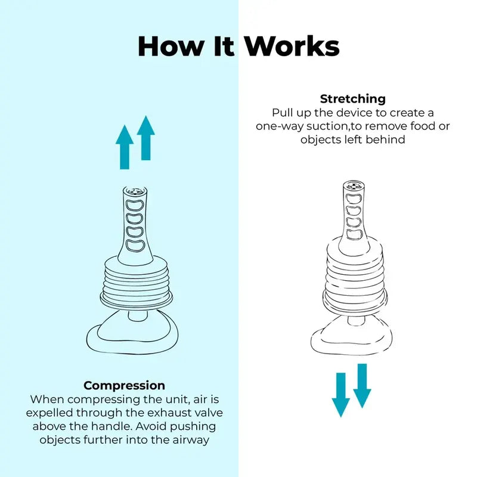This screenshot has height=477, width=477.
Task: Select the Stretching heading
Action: coord(353,99)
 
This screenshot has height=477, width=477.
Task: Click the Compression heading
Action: coord(124,385)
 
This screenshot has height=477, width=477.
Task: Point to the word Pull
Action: coord(283,113)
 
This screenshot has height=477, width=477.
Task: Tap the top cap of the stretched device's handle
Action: coord(353,186)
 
